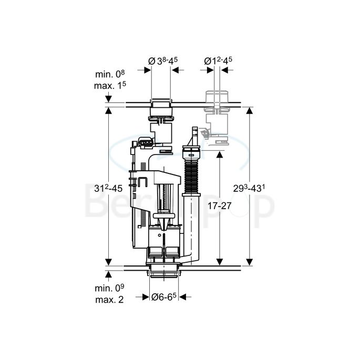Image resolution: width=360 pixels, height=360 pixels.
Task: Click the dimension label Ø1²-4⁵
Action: (x=219, y=61)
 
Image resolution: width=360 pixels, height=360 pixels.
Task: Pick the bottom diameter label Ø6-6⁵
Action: (x=163, y=297)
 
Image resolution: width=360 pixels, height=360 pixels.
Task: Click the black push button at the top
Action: (x=161, y=103)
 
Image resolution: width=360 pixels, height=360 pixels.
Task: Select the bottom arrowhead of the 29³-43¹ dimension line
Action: (x=250, y=261)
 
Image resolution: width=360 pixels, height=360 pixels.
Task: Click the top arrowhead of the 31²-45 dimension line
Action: (x=108, y=112)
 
